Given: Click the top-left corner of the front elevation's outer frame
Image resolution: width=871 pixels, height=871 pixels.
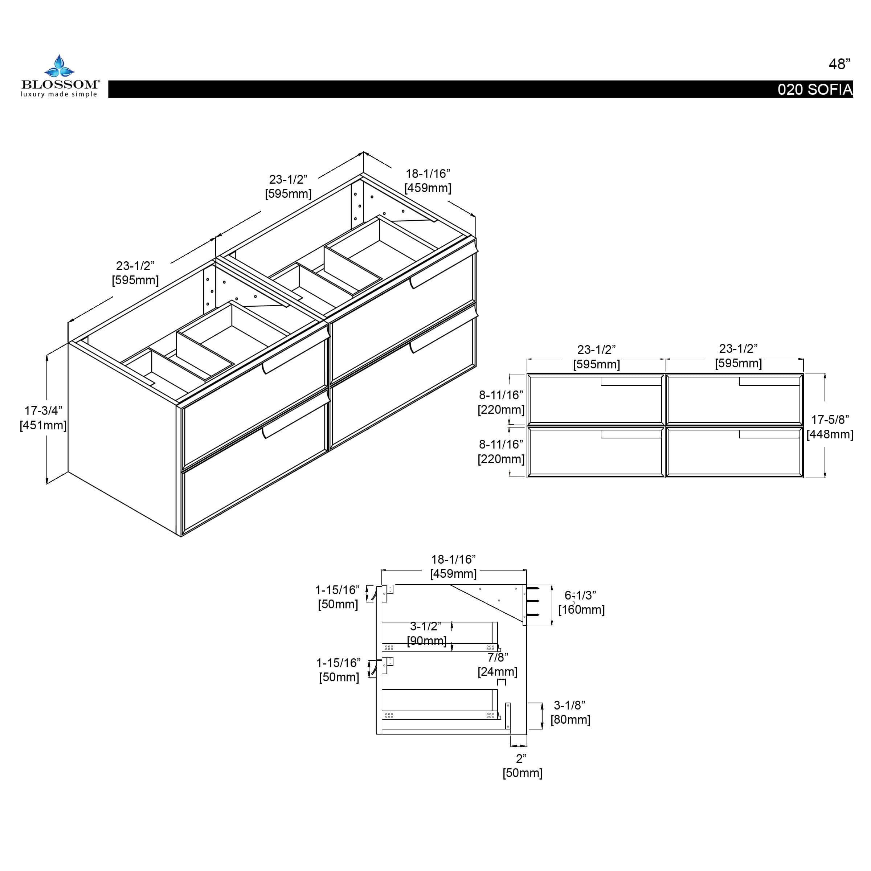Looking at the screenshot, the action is coord(527,374).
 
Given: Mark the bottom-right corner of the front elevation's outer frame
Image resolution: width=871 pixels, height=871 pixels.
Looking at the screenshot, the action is coord(803,478).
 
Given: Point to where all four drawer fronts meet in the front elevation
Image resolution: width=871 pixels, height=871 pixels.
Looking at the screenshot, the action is coord(665,426).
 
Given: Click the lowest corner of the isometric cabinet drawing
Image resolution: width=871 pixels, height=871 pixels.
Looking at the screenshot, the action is coord(181,536).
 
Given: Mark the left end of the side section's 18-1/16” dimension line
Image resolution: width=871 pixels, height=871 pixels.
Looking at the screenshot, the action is coord(382,570).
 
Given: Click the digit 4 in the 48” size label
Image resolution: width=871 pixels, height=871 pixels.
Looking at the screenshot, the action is coord(833,65).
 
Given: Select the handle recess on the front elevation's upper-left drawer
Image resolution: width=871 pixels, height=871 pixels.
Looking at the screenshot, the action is coord(631,382).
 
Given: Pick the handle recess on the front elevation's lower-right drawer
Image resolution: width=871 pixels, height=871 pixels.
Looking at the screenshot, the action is coord(769,434).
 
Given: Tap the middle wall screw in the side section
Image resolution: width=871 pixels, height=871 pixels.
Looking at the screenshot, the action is coord(532,601).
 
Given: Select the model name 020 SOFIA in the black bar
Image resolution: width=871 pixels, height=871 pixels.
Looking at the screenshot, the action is coord(815,90).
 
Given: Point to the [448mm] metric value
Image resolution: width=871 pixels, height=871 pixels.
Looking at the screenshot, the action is coord(830,435).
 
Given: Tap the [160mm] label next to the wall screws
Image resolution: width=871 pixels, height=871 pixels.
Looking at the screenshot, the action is coord(581,610).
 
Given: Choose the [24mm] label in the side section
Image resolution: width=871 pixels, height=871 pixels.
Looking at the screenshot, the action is coord(497,672).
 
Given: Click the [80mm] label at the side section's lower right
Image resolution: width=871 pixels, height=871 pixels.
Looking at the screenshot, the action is coord(570,720).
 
